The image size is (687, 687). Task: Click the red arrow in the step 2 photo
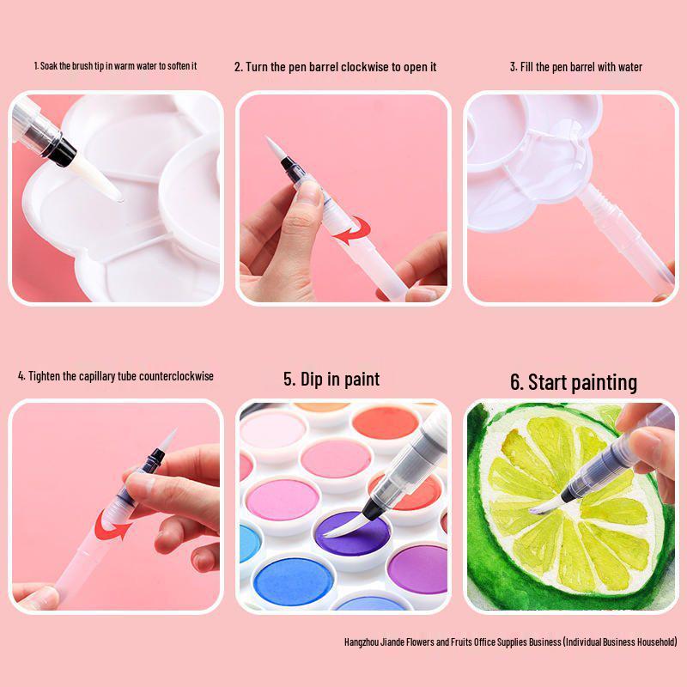(x=356, y=230)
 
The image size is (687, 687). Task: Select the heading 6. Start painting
(x=574, y=382)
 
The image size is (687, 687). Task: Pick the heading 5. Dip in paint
(x=331, y=379)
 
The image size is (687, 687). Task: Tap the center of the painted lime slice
(x=567, y=507)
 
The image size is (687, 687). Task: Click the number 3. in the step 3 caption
(x=514, y=67)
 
